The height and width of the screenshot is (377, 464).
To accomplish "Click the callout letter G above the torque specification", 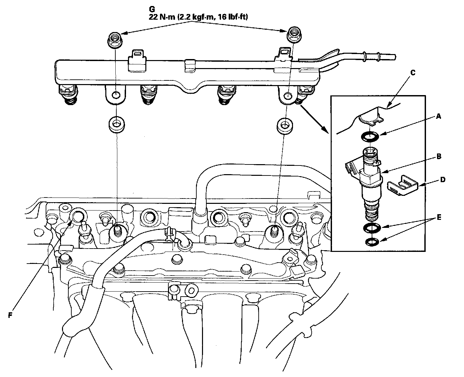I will tap(152, 9).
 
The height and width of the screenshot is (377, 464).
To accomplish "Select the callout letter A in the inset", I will tap(439, 116).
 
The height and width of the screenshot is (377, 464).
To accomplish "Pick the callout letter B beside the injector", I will tap(439, 156).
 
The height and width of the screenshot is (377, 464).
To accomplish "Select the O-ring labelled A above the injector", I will tap(369, 136).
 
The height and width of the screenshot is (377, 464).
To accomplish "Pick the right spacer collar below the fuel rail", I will tap(285, 124).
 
